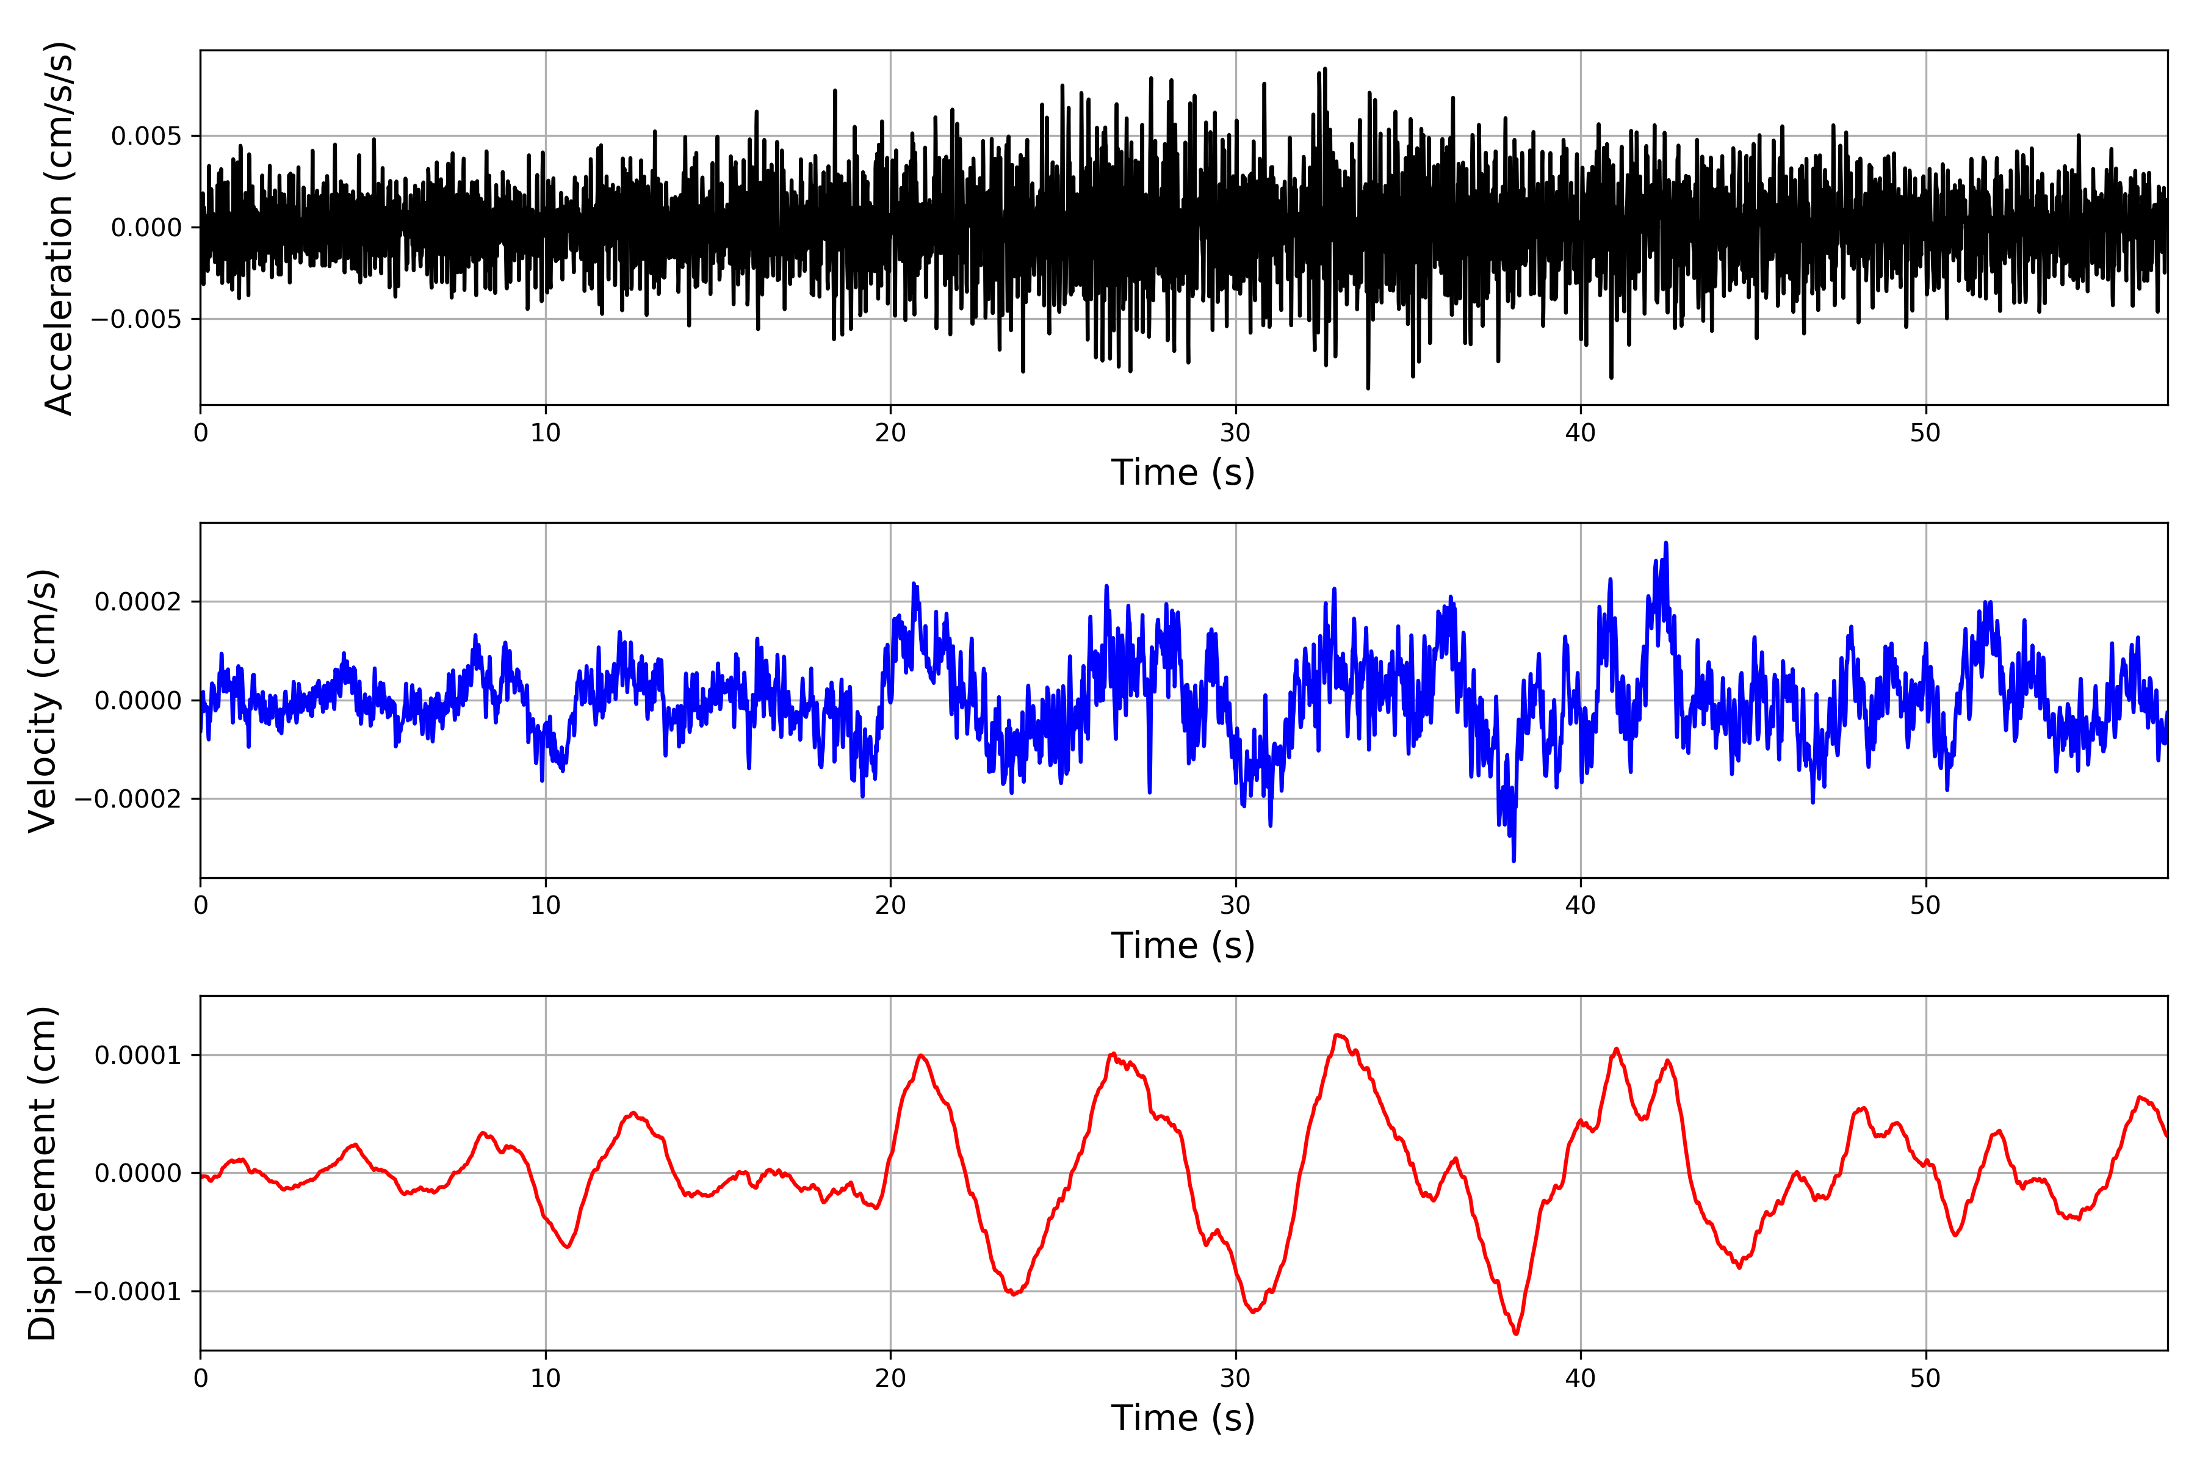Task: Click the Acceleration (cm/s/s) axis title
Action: point(58,228)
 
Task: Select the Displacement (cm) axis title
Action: point(42,1173)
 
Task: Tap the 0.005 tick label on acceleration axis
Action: point(146,136)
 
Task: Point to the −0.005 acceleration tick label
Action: point(136,319)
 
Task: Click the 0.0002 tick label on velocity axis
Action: point(139,602)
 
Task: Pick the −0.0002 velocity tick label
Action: point(128,799)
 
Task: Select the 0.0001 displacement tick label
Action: point(139,1056)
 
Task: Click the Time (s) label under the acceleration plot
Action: point(1183,472)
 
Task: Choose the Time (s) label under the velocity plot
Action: point(1183,946)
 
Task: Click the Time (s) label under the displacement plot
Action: point(1183,1418)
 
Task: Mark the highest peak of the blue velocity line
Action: point(1665,543)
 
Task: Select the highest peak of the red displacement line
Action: point(1338,1035)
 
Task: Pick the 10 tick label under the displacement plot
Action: point(546,1378)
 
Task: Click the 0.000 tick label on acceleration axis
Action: point(146,228)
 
